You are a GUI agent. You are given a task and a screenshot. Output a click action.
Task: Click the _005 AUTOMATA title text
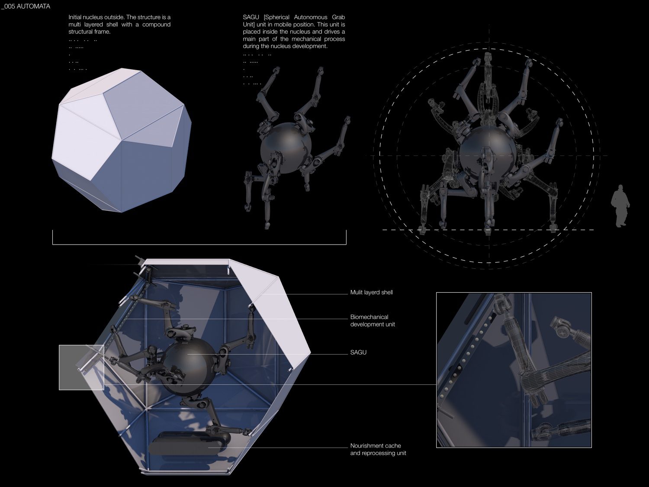(26, 6)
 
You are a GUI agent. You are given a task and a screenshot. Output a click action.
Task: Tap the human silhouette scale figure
(620, 206)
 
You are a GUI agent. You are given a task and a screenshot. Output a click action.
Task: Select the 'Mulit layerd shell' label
(371, 293)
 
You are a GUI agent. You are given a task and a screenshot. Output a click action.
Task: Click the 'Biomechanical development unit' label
(373, 320)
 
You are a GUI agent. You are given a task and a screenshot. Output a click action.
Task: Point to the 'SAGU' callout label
(358, 352)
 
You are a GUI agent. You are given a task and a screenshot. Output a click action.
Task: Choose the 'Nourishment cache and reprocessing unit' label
(378, 449)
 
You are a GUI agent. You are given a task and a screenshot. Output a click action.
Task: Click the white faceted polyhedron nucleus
(122, 140)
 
